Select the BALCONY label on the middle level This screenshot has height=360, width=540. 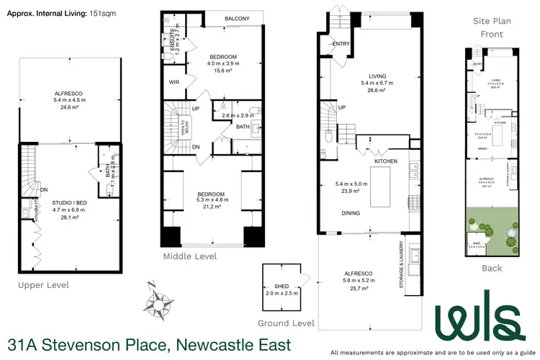pos(236,19)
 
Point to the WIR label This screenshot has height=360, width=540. pos(174,83)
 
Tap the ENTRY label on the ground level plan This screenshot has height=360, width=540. pos(341,44)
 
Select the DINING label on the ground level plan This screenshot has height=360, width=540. pos(351,212)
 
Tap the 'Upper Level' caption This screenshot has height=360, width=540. pos(44,285)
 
